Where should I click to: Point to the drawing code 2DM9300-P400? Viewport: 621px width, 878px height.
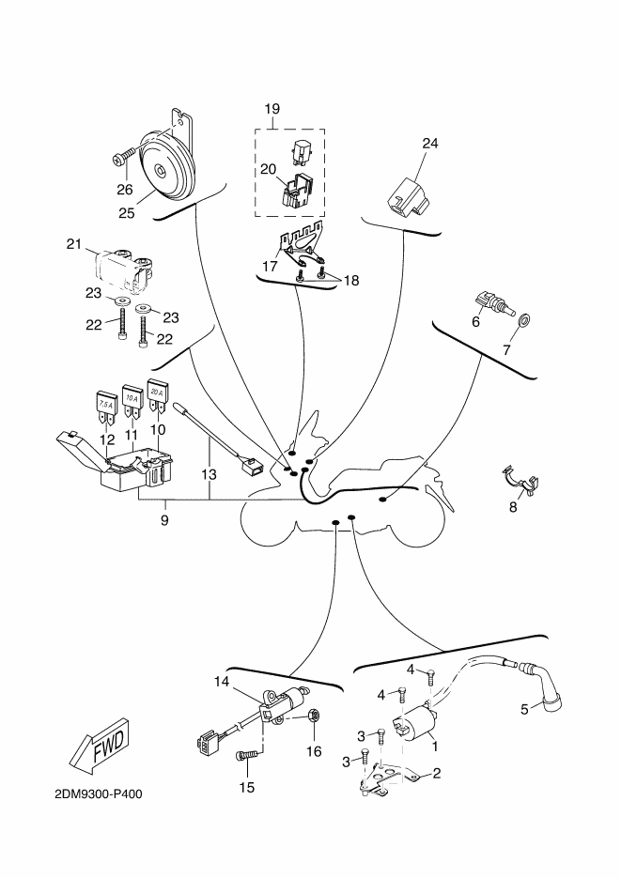(x=99, y=794)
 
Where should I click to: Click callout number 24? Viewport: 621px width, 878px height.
(x=430, y=144)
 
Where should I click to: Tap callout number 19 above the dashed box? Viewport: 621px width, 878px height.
(x=272, y=109)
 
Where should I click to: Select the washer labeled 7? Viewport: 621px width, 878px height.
(x=524, y=321)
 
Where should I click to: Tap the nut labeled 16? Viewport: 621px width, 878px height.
(x=314, y=715)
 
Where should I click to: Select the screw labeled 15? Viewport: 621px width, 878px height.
(x=246, y=756)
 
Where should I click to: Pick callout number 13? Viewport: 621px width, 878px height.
(x=209, y=475)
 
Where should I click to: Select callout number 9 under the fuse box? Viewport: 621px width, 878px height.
(x=164, y=520)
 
